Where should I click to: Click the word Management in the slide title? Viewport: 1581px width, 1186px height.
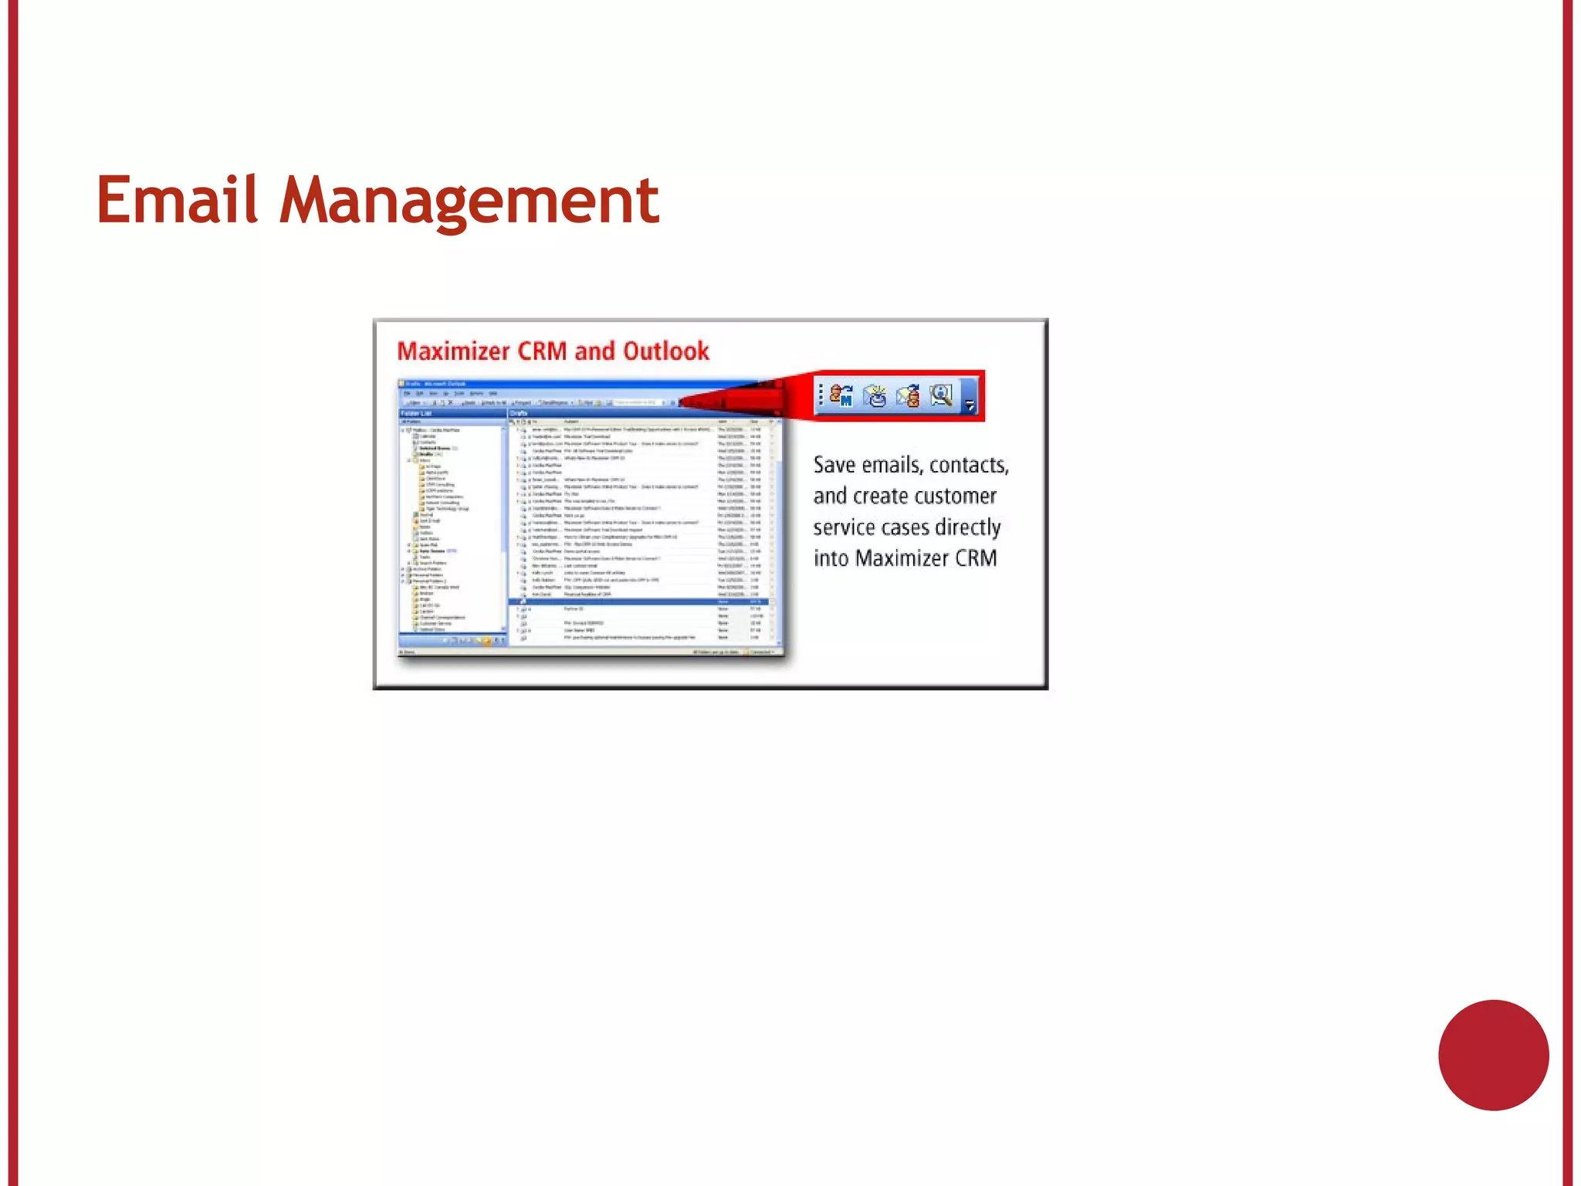coord(469,202)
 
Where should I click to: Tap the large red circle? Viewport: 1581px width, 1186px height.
coord(1493,1055)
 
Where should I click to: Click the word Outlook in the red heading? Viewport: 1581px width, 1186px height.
coord(666,351)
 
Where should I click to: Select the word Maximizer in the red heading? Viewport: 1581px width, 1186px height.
coord(454,351)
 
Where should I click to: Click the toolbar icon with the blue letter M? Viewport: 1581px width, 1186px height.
coord(841,395)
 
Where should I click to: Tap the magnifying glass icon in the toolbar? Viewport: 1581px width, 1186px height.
coord(941,395)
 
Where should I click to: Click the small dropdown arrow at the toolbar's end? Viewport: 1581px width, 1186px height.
coord(970,404)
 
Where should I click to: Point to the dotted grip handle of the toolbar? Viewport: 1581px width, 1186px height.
coord(821,395)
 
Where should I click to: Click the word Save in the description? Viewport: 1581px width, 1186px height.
coord(835,465)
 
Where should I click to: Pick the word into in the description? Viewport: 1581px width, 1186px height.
coord(831,558)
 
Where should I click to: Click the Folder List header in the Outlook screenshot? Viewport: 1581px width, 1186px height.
coord(418,413)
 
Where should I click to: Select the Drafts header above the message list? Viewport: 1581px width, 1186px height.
coord(519,413)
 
